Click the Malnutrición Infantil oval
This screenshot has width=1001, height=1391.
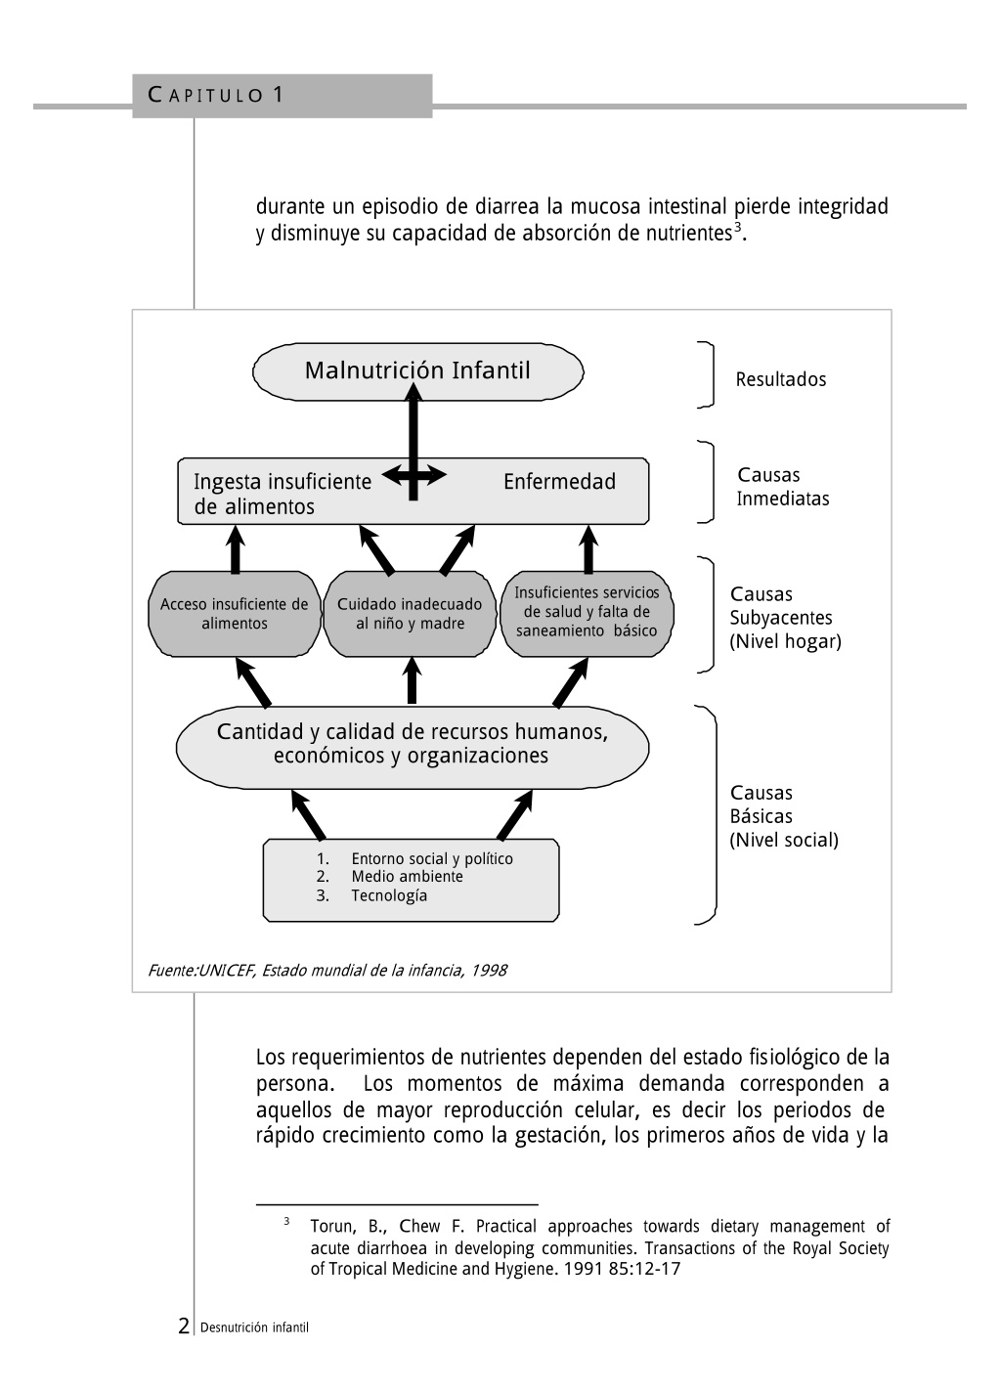[417, 371]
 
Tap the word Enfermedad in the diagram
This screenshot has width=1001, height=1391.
[559, 482]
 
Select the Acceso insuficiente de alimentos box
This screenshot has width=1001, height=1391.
[235, 614]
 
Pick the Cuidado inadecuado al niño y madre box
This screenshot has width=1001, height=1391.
[410, 614]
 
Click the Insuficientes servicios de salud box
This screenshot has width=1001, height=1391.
[587, 614]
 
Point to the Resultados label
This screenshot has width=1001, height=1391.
[780, 379]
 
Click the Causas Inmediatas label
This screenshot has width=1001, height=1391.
[783, 487]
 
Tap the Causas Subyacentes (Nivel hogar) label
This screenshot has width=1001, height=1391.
[786, 618]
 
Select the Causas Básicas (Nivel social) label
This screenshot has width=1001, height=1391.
[784, 816]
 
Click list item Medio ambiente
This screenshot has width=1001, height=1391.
[407, 876]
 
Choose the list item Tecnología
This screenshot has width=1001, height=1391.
[389, 895]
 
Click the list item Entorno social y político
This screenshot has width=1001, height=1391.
[431, 859]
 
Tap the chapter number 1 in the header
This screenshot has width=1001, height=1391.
[278, 95]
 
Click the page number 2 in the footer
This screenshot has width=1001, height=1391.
[184, 1326]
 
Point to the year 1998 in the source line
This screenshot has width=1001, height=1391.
[489, 970]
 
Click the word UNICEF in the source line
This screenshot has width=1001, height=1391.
[227, 970]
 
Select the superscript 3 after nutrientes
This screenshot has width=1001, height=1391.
[738, 228]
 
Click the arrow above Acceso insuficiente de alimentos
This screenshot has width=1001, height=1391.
[235, 549]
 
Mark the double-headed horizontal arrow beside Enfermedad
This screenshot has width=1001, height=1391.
[414, 476]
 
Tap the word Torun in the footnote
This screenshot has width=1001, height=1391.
[331, 1227]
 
